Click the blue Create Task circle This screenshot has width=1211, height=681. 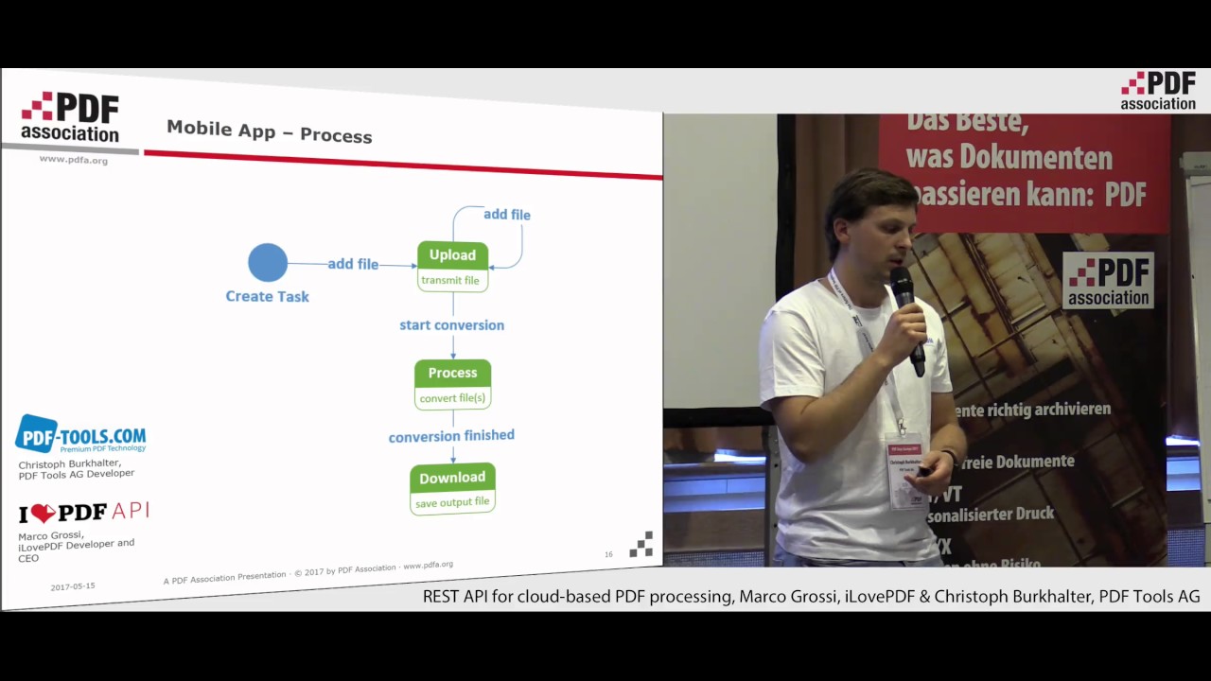coord(268,263)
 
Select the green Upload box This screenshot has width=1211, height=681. coord(452,254)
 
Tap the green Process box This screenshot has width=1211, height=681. coord(452,373)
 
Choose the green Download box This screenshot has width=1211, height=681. coord(452,478)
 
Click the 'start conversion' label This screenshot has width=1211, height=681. coord(451,325)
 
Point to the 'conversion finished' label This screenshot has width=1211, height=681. coord(451,436)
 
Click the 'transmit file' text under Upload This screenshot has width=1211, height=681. coord(450,280)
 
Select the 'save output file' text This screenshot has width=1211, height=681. coord(452,502)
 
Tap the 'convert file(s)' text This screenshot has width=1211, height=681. coord(452,398)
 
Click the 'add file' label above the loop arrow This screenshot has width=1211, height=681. coord(507,215)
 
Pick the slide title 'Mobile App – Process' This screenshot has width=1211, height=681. coord(270,131)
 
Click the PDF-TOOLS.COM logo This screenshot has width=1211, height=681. coord(80,435)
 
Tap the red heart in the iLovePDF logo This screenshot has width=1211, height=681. coord(44,514)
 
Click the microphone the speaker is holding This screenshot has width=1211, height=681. coord(907,316)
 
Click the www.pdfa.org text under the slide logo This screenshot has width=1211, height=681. coord(73,160)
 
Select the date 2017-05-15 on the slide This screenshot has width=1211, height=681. coord(73,586)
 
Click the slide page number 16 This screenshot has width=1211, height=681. coord(608,554)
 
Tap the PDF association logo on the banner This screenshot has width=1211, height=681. coord(1108,280)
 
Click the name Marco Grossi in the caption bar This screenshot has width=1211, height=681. coord(787,597)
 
